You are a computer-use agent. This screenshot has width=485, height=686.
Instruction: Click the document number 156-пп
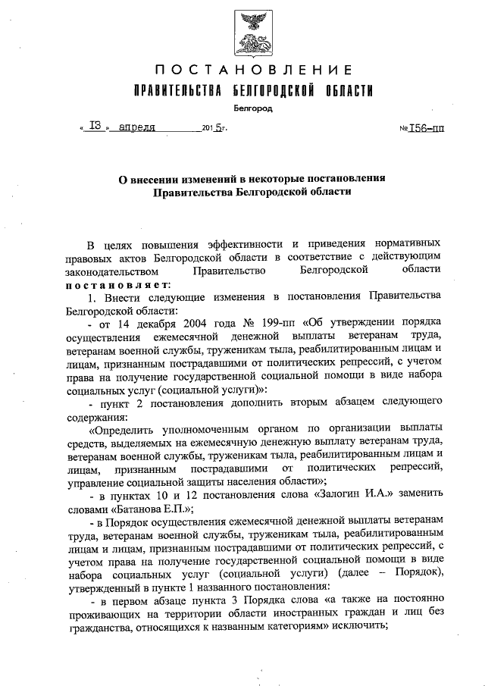coord(426,128)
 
